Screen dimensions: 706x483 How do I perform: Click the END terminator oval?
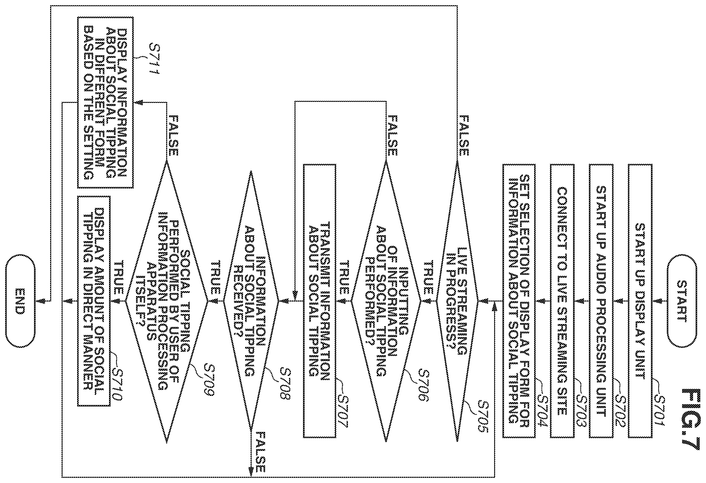20,301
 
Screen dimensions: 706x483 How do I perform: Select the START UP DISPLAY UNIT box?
640,301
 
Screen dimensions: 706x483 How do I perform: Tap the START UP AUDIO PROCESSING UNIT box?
601,301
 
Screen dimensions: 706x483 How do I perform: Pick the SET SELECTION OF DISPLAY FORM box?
519,301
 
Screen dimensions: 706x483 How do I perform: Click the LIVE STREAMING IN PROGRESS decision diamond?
457,301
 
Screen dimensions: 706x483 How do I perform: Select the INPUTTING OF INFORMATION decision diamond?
386,301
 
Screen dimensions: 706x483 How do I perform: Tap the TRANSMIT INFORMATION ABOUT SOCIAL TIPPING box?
320,301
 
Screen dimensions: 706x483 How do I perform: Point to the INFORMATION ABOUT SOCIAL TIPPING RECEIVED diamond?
251,301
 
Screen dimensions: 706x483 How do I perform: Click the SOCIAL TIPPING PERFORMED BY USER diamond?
167,301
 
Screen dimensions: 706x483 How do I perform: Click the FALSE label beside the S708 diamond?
260,452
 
